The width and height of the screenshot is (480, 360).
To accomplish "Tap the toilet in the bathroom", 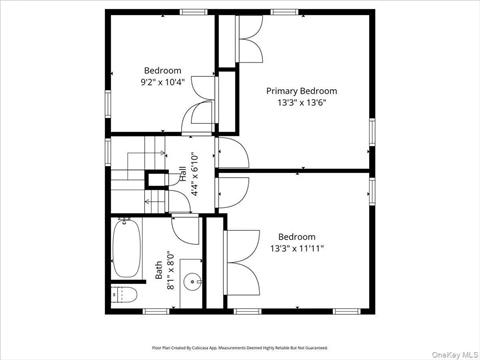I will (122, 293).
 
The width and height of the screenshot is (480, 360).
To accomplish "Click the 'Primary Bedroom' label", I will (301, 90).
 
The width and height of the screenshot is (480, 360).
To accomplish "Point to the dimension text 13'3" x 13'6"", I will (301, 102).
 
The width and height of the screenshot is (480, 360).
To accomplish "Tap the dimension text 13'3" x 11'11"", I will (296, 248).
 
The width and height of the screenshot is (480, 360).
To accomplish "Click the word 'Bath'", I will (158, 271).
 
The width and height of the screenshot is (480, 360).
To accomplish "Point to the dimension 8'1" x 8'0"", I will (171, 271).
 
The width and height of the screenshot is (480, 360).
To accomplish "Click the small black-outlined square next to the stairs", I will (157, 181).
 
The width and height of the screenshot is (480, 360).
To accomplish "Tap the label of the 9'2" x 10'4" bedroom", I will (162, 70).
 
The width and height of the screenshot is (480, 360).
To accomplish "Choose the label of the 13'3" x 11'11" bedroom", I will (296, 236).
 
